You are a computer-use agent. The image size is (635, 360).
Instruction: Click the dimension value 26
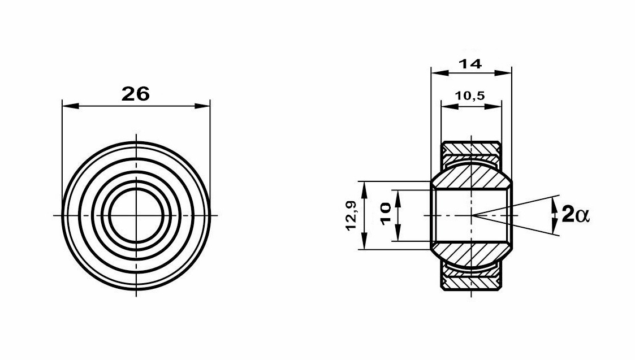(x=136, y=94)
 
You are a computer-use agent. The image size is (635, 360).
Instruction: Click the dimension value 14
(x=470, y=63)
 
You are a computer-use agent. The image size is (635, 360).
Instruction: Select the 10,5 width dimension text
(x=470, y=96)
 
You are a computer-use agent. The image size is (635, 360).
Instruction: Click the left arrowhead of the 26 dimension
(x=70, y=106)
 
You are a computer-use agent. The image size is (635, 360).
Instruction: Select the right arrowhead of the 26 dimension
(x=202, y=106)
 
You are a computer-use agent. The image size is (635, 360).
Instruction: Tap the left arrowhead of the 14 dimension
(x=439, y=72)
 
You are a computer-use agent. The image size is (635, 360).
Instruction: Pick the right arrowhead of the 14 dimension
(x=503, y=72)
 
